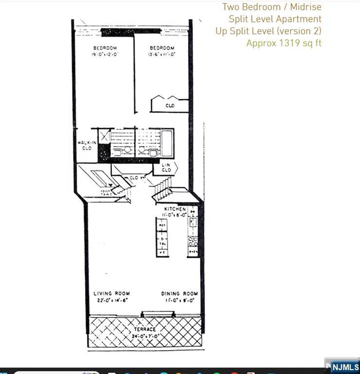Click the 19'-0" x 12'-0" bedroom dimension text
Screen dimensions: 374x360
[106, 55]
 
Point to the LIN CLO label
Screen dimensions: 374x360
[166, 168]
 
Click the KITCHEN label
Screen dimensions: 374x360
[175, 208]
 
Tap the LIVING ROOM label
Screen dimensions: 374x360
[112, 294]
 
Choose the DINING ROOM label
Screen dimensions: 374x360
[180, 294]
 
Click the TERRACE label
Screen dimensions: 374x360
[146, 330]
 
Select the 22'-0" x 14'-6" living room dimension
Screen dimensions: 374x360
[112, 300]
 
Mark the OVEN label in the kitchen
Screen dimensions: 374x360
[192, 252]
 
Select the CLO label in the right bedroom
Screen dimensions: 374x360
[170, 105]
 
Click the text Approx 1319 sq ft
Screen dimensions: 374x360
[284, 43]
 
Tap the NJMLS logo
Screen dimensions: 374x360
[345, 367]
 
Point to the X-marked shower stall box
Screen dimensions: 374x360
[104, 136]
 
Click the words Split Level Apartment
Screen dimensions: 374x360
[275, 19]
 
